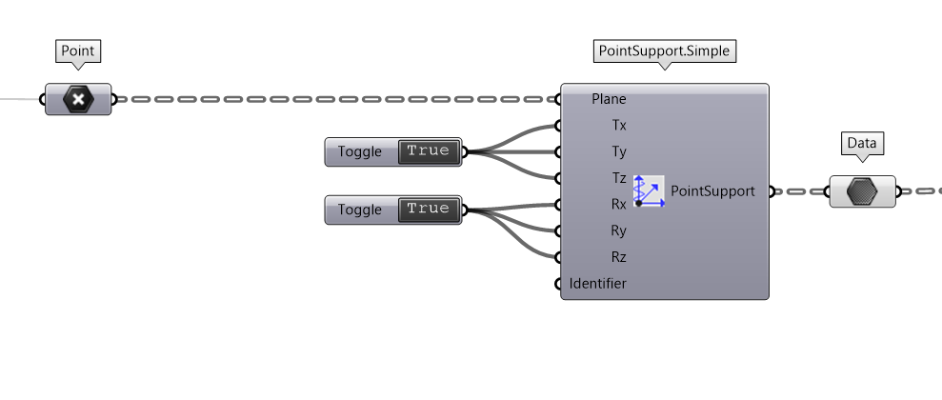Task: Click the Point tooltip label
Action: [79, 50]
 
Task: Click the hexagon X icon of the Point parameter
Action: [78, 98]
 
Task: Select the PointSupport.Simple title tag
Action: [665, 50]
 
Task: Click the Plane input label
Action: [609, 98]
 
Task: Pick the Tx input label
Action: [618, 125]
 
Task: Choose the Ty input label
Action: [618, 151]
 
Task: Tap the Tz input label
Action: [618, 178]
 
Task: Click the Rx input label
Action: [618, 204]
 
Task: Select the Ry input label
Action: [618, 230]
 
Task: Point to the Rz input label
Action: [618, 257]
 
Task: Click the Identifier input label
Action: [598, 283]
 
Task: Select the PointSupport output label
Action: [712, 190]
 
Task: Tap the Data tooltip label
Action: [862, 144]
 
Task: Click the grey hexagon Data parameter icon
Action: [862, 191]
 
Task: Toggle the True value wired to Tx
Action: [428, 151]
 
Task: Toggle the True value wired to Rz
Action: [428, 209]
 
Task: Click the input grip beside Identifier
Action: [558, 284]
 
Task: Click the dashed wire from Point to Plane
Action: [333, 98]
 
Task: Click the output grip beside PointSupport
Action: [772, 191]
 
